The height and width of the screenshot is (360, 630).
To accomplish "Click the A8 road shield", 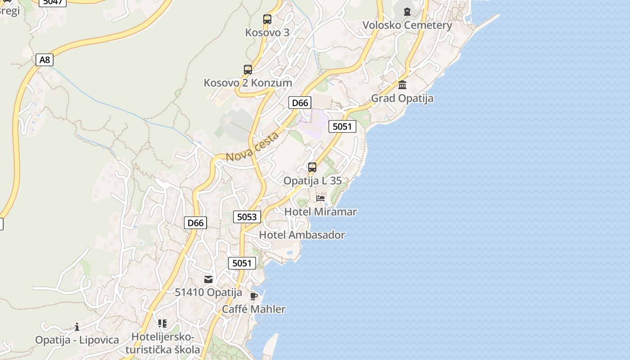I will pyautogui.click(x=44, y=60).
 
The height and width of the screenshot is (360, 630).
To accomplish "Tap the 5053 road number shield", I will pyautogui.click(x=247, y=217).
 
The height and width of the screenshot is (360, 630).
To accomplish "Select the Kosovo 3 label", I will pyautogui.click(x=267, y=32).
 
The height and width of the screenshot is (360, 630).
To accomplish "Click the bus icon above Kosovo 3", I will pyautogui.click(x=267, y=19).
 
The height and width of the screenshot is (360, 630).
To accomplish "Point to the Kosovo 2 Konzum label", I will pyautogui.click(x=248, y=83).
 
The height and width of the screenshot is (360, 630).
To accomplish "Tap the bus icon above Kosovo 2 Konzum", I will pyautogui.click(x=248, y=70).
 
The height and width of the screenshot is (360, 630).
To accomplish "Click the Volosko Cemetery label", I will pyautogui.click(x=407, y=25).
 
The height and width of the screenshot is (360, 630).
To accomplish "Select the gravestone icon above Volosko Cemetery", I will pyautogui.click(x=407, y=12).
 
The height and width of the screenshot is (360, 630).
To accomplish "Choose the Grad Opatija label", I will pyautogui.click(x=402, y=98).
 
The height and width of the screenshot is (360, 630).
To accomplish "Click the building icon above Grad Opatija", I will pyautogui.click(x=402, y=85).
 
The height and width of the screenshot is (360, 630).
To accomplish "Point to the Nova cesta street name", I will pyautogui.click(x=252, y=147).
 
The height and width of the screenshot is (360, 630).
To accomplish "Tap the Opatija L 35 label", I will pyautogui.click(x=312, y=181).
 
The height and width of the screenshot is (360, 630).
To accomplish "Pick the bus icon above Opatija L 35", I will pyautogui.click(x=312, y=167).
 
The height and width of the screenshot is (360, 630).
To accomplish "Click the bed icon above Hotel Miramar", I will pyautogui.click(x=320, y=198).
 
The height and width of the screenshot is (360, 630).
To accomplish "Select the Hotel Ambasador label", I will pyautogui.click(x=302, y=235).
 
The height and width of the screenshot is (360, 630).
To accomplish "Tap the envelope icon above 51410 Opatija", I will pyautogui.click(x=208, y=279).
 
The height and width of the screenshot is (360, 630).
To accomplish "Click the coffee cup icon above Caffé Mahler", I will pyautogui.click(x=254, y=296).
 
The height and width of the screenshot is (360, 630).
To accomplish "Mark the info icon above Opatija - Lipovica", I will pyautogui.click(x=77, y=327).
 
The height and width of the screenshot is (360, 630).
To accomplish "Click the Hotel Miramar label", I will pyautogui.click(x=320, y=211).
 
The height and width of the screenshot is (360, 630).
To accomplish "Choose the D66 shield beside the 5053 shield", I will pyautogui.click(x=195, y=223).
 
